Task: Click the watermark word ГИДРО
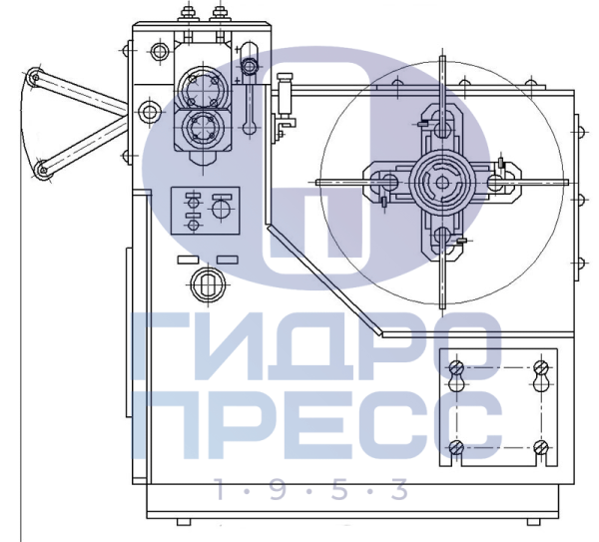(316, 346)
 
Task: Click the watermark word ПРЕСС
(316, 424)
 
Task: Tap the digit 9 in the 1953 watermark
(279, 489)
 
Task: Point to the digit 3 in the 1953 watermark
(399, 489)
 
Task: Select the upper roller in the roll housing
(203, 86)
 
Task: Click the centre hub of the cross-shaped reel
(442, 183)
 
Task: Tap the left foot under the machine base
(184, 522)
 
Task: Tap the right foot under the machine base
(534, 522)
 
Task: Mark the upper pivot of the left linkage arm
(35, 77)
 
